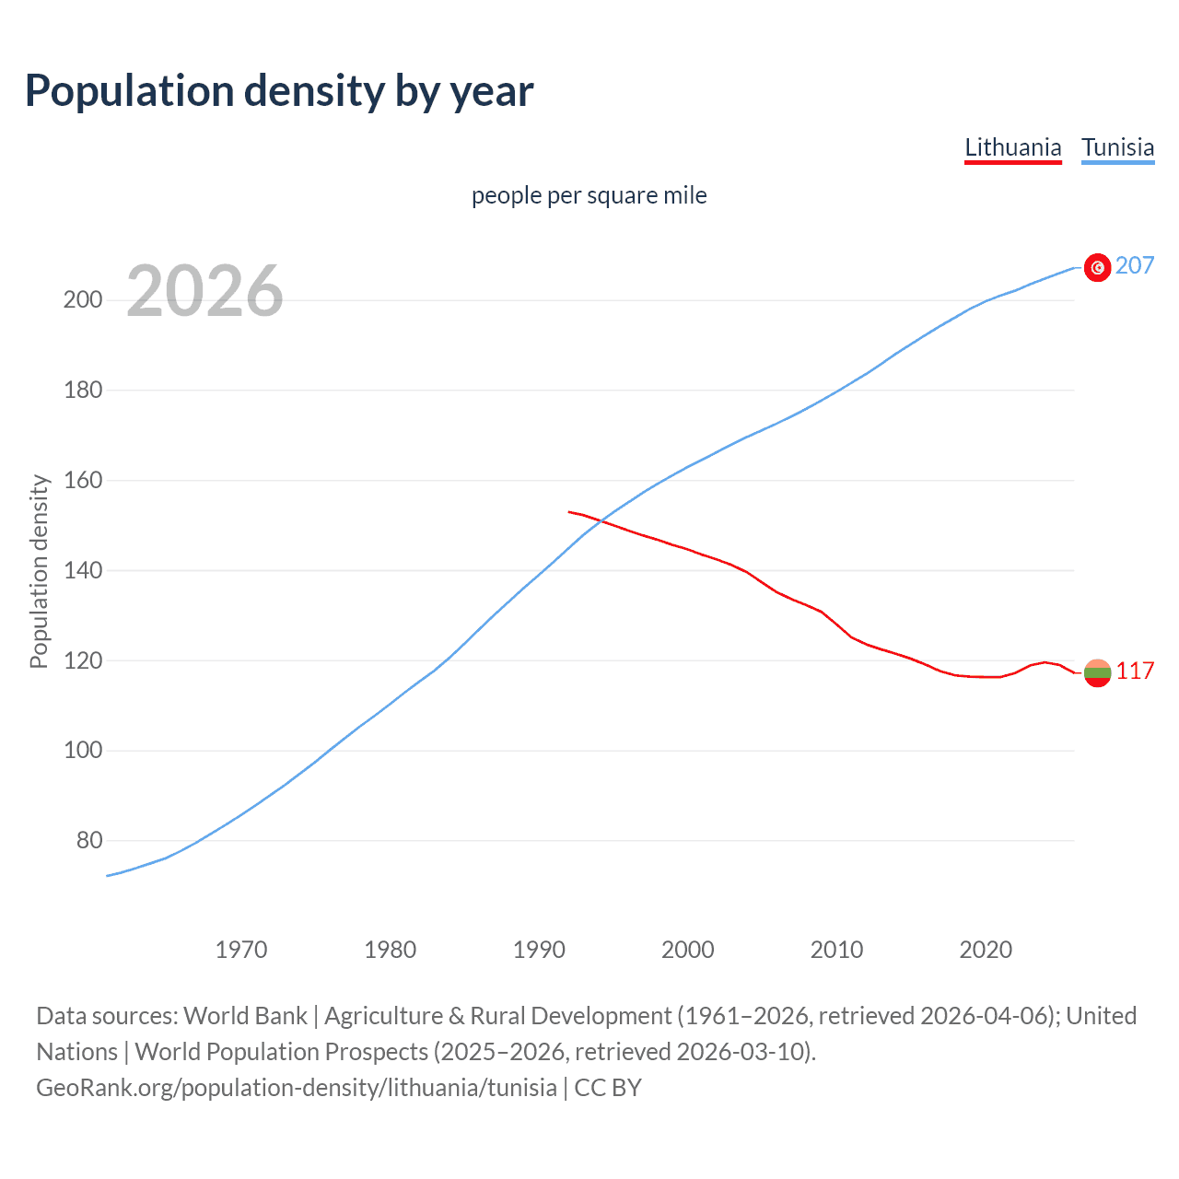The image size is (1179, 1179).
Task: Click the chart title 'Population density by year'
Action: pyautogui.click(x=279, y=91)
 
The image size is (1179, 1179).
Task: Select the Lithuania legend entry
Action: pyautogui.click(x=1012, y=147)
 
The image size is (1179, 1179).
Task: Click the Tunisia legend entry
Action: pyautogui.click(x=1117, y=147)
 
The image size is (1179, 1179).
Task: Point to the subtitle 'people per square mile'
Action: pyautogui.click(x=589, y=195)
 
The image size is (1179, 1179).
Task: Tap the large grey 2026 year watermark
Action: pyautogui.click(x=204, y=291)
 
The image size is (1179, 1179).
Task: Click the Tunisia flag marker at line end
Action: pyautogui.click(x=1097, y=267)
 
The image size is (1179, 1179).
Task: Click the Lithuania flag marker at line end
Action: pyautogui.click(x=1097, y=672)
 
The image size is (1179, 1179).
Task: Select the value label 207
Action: pyautogui.click(x=1134, y=266)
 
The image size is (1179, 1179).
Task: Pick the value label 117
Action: pyautogui.click(x=1135, y=671)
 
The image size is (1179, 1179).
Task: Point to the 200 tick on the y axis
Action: pyautogui.click(x=83, y=300)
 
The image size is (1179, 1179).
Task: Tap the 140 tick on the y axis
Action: pyautogui.click(x=83, y=571)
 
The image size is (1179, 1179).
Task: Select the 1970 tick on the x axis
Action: pyautogui.click(x=241, y=950)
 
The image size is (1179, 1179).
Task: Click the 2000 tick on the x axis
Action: pyautogui.click(x=688, y=950)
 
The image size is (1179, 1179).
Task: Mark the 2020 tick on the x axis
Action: pyautogui.click(x=986, y=950)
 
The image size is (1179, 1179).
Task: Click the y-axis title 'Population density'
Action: pyautogui.click(x=39, y=571)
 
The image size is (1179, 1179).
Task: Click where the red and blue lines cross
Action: pyautogui.click(x=600, y=522)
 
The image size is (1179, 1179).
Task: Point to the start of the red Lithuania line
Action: pyautogui.click(x=569, y=511)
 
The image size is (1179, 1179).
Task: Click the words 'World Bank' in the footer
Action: pyautogui.click(x=245, y=1016)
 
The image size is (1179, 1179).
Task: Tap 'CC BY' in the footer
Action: pyautogui.click(x=608, y=1088)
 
